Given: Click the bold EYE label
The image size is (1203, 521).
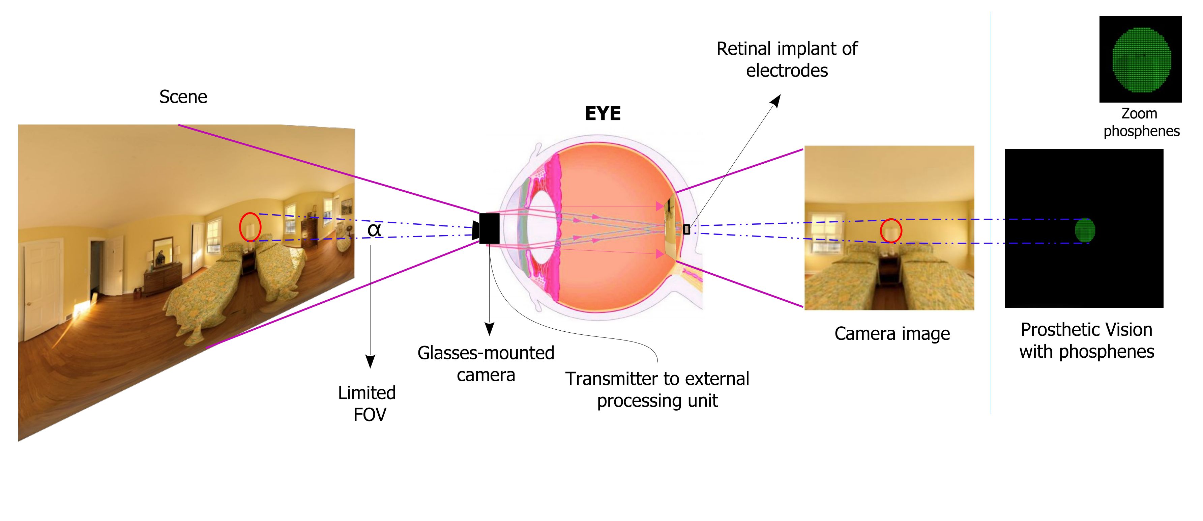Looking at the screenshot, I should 603,113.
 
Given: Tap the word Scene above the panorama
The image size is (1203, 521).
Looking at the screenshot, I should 183,97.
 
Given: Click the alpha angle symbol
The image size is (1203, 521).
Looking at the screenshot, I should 374,230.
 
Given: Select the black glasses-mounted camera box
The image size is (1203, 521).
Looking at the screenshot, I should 489,228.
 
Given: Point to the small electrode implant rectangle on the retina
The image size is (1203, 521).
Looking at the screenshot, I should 686,229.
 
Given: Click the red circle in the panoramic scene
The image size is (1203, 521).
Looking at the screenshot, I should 250,227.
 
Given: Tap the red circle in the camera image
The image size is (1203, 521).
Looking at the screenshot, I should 890,231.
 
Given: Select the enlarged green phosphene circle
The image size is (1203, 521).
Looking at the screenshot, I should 1141,59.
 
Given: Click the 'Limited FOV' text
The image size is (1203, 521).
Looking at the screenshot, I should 368,403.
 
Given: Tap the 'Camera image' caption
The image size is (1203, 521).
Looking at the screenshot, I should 892,334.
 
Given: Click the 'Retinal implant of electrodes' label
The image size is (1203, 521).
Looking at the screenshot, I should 787,59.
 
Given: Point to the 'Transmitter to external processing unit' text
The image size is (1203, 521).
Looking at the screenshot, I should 657,389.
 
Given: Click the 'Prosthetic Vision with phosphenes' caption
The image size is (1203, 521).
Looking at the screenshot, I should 1086,340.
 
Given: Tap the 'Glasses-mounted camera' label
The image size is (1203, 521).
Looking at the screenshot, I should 486,363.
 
